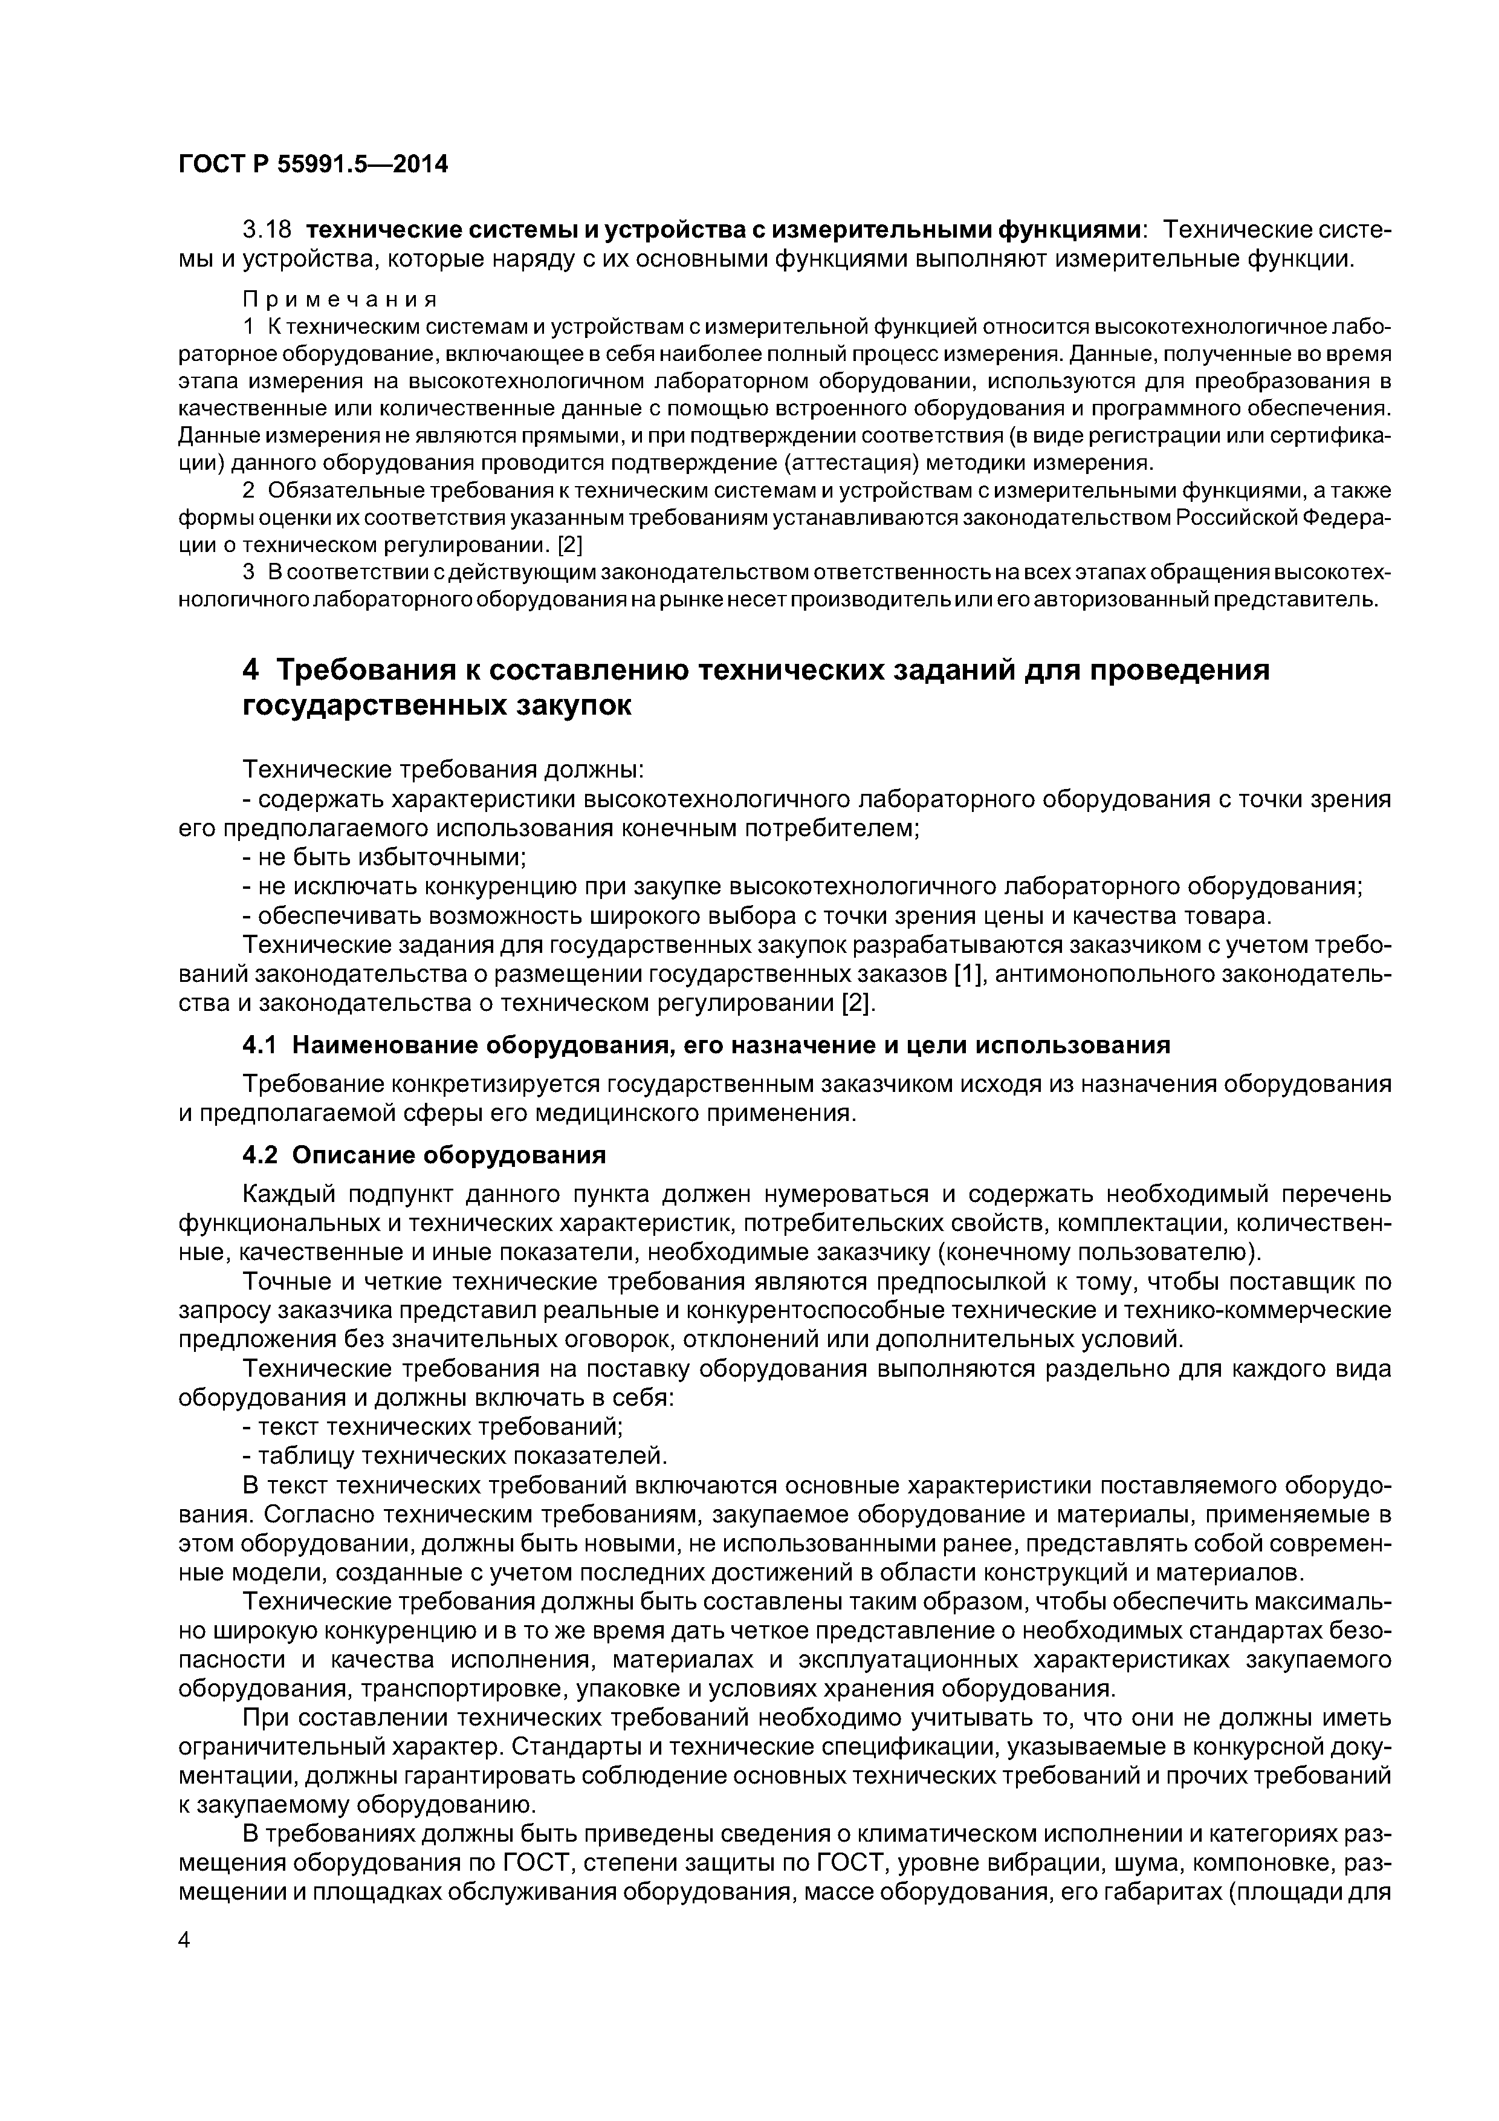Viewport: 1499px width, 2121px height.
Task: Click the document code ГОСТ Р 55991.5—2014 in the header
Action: [313, 164]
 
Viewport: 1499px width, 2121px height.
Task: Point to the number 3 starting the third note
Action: [248, 573]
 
